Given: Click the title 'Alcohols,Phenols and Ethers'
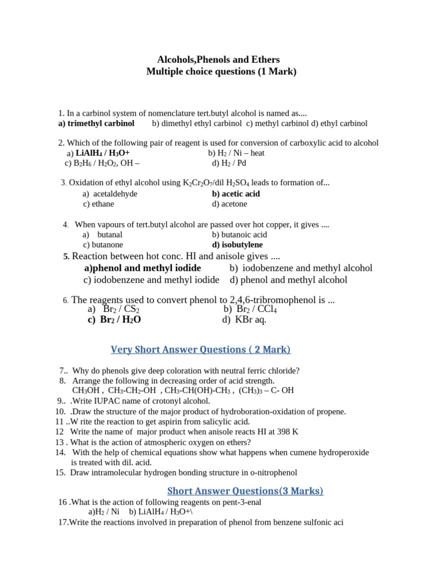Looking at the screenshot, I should [219, 60].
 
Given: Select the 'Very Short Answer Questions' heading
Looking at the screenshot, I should [200, 350].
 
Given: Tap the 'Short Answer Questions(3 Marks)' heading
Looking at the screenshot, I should [245, 490].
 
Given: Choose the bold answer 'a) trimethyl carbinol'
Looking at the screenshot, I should [96, 123].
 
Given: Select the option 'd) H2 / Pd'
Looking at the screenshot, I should [229, 163].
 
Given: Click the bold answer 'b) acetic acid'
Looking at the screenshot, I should [235, 194].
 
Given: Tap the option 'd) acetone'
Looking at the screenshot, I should [229, 204].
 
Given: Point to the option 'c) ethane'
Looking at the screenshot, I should [98, 204].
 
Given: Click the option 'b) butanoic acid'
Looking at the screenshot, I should [239, 235].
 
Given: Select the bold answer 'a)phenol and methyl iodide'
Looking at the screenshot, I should [143, 268].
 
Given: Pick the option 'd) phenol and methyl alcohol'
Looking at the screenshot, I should [288, 280].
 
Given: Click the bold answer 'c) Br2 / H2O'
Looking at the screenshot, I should [114, 320].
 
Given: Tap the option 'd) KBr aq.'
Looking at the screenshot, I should [244, 319].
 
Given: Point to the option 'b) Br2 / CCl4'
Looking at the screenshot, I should [250, 310].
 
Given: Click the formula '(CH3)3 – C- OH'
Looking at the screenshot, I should [267, 390].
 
